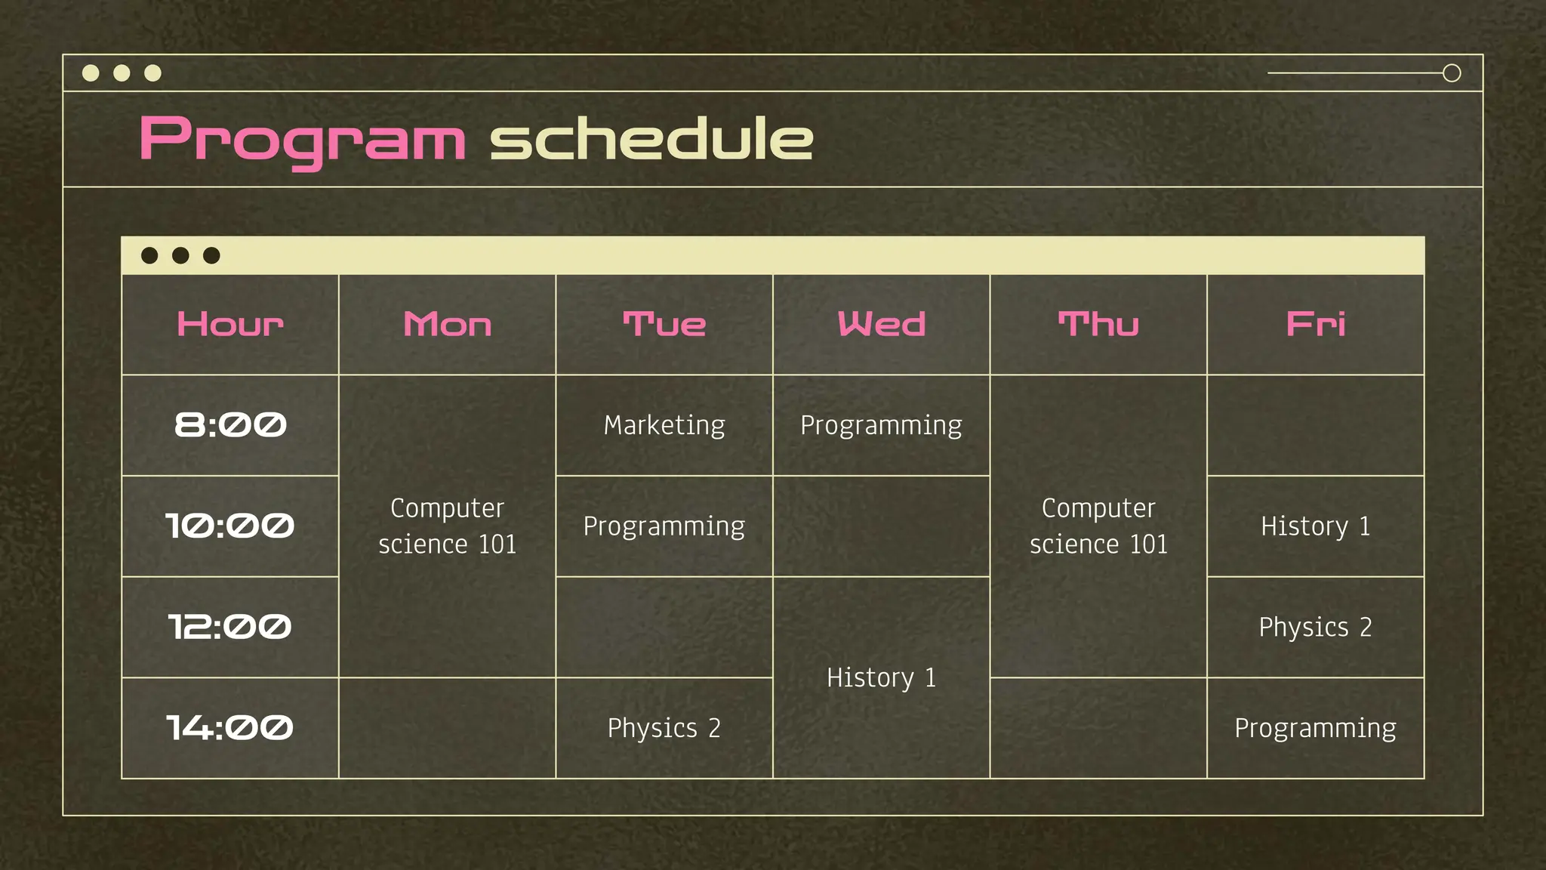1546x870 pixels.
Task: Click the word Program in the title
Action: [302, 140]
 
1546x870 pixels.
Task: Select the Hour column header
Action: [230, 325]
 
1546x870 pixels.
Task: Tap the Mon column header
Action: [448, 325]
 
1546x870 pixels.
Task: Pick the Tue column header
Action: [664, 325]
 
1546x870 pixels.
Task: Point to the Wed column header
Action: [882, 325]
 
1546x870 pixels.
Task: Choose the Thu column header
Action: [1098, 325]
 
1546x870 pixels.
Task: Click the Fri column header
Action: [1316, 325]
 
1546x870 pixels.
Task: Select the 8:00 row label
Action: [230, 425]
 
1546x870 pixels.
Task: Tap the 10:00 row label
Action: [230, 526]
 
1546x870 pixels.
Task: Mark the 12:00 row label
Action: [230, 627]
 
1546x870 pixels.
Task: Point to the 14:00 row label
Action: [230, 728]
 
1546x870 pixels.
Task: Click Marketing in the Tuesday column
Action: [664, 425]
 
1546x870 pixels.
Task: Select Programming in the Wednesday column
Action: [882, 425]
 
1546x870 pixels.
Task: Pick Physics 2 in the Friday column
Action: [1316, 627]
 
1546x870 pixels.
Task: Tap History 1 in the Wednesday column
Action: [882, 677]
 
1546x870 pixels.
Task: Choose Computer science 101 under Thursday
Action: [1098, 526]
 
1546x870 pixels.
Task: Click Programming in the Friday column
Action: [1316, 728]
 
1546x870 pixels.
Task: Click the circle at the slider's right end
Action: [1452, 73]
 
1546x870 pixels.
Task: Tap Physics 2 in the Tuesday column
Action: [664, 728]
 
